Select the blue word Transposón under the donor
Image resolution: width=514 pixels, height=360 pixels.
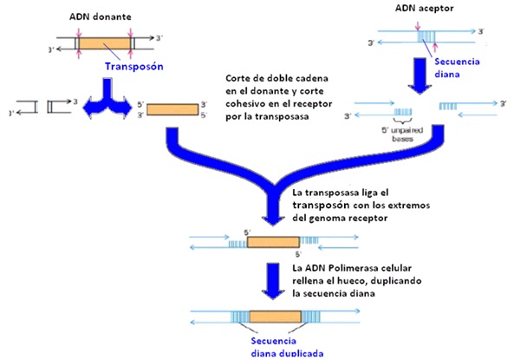(135, 66)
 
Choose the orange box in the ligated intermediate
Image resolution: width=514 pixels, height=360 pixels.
(272, 243)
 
